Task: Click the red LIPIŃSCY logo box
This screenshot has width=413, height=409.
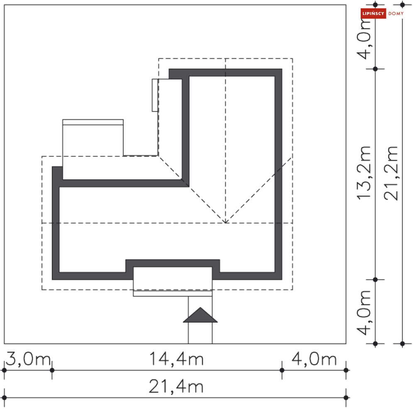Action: [x=373, y=13]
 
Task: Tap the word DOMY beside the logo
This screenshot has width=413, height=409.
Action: [x=396, y=13]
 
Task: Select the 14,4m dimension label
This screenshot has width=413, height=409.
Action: [x=176, y=359]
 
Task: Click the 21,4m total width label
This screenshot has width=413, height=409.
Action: [x=176, y=386]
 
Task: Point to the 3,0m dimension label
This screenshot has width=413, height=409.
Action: [x=28, y=359]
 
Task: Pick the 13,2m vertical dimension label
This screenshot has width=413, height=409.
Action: [x=364, y=173]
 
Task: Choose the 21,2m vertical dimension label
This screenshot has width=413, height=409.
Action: [x=391, y=173]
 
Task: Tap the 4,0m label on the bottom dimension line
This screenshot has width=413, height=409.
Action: [x=314, y=359]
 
